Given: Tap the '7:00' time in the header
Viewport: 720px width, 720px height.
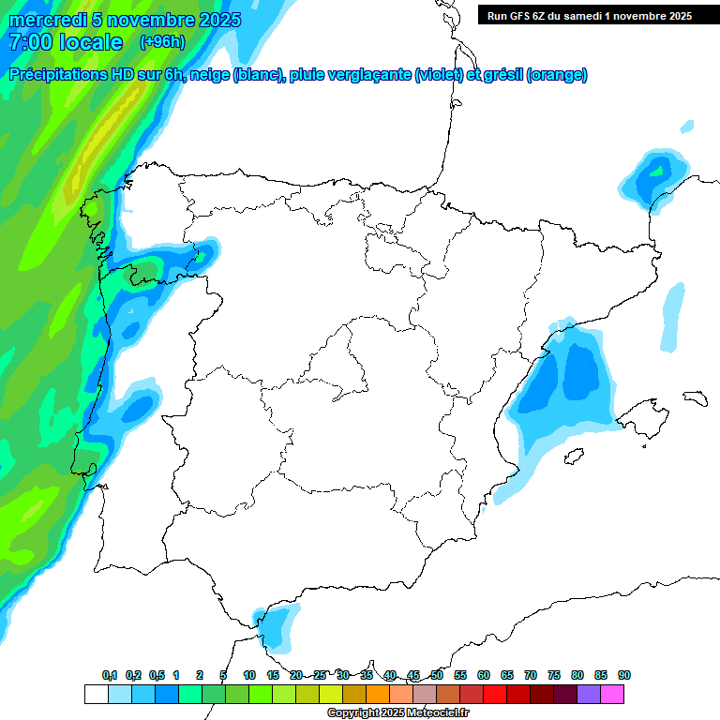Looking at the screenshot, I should click(x=28, y=42).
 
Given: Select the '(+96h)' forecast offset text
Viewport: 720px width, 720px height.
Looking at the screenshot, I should click(x=162, y=42).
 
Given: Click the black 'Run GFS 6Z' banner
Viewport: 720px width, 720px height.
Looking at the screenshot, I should click(x=586, y=15).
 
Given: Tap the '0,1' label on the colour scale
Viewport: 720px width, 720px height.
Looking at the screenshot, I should click(x=110, y=675).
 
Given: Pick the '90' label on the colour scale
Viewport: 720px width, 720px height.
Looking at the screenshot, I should click(x=624, y=675).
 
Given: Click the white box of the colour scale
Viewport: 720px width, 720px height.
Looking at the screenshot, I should click(x=96, y=694).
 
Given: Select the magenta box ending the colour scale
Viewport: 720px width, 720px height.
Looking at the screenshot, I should click(x=612, y=694).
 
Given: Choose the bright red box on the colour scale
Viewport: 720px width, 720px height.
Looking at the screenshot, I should click(x=494, y=694).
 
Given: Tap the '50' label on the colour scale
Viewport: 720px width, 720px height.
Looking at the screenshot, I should click(x=437, y=675).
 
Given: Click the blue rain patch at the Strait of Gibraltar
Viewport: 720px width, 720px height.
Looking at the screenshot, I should click(x=277, y=625).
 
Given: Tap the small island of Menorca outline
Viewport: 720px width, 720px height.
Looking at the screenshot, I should click(x=695, y=397).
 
